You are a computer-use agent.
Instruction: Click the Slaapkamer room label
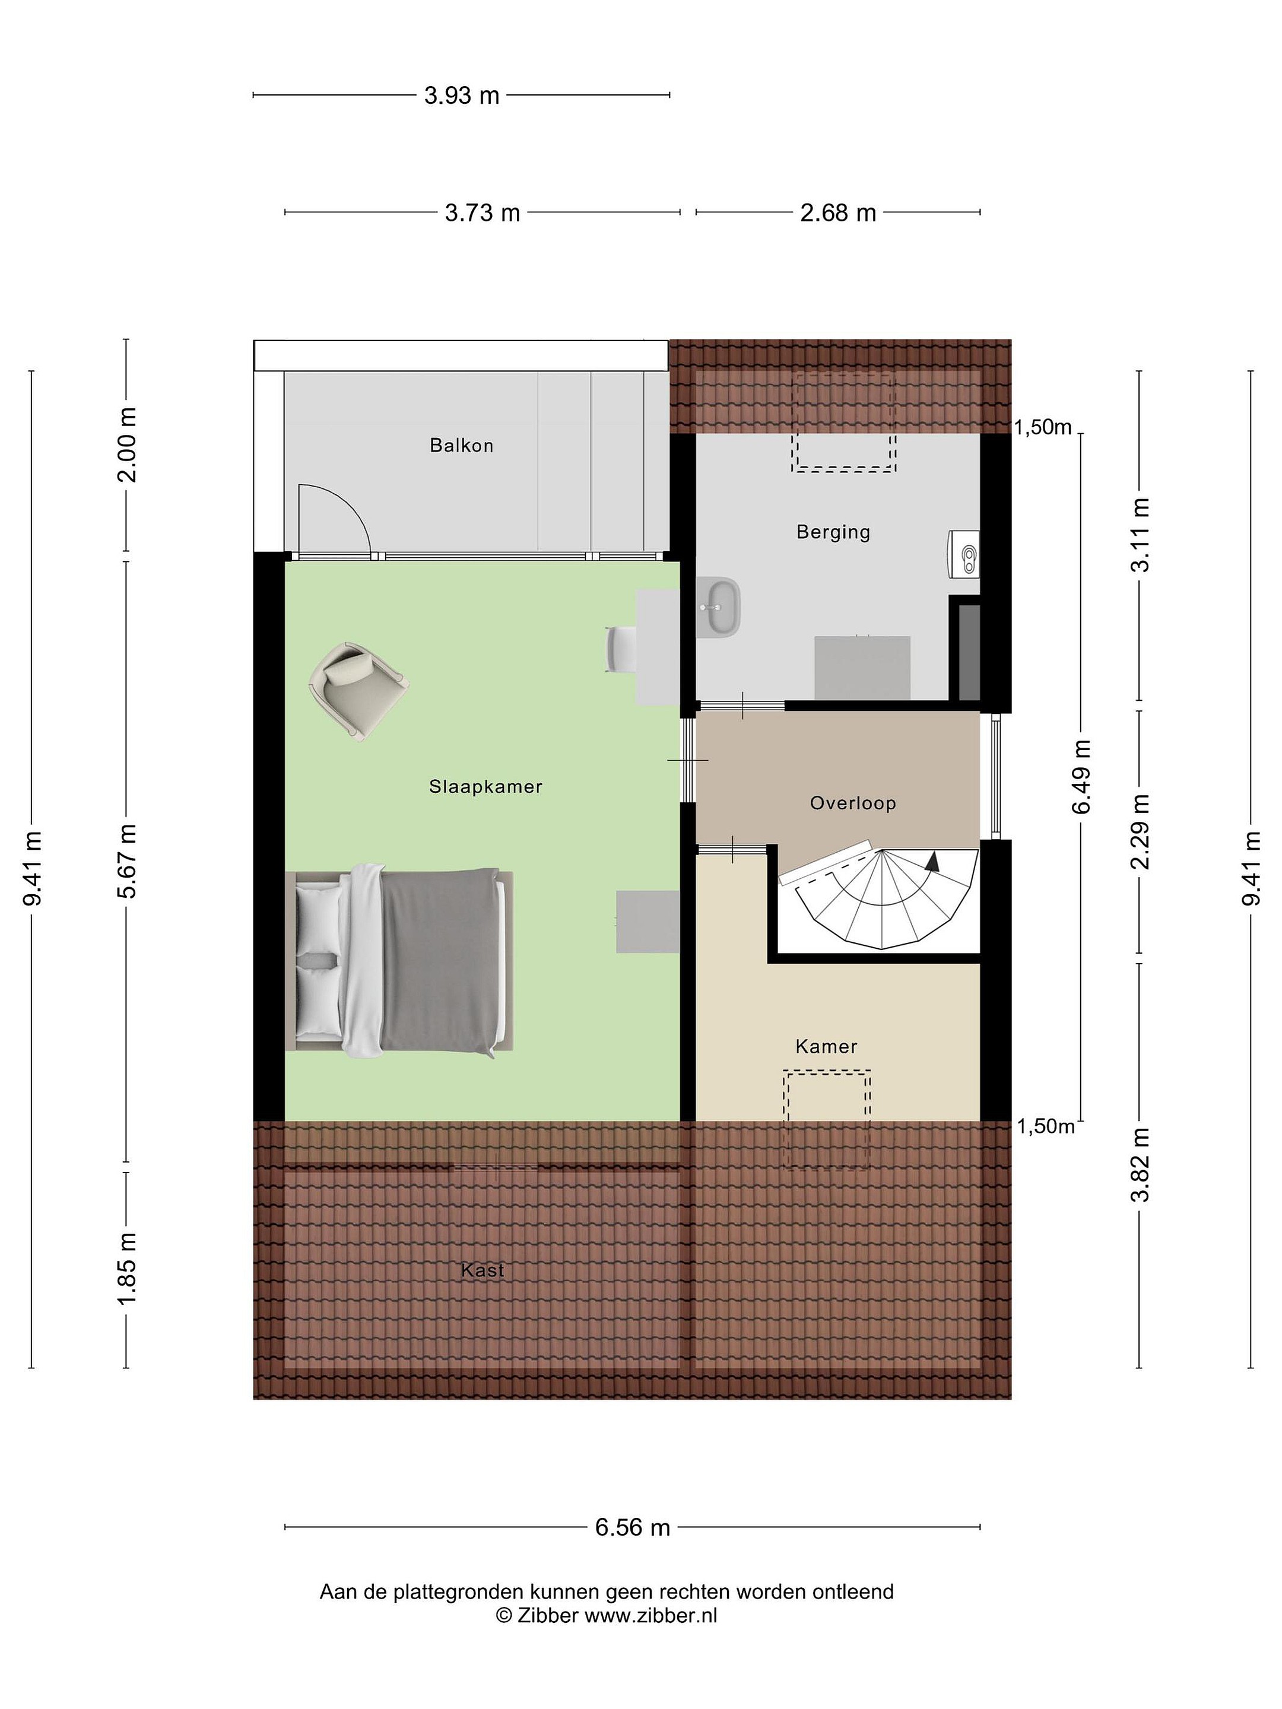(x=485, y=786)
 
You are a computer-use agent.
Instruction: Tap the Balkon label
(x=461, y=445)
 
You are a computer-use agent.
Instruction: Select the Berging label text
(x=833, y=532)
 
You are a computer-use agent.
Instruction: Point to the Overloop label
(x=852, y=803)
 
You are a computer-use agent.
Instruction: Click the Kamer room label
(x=826, y=1047)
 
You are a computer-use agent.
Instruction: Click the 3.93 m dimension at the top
(x=461, y=96)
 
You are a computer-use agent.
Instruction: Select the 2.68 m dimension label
(x=837, y=212)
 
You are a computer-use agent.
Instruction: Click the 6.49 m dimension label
(x=1080, y=776)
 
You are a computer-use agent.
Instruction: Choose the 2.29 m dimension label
(x=1140, y=831)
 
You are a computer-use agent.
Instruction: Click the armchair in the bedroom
(x=358, y=691)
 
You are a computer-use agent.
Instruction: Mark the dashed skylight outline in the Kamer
(x=827, y=1119)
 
